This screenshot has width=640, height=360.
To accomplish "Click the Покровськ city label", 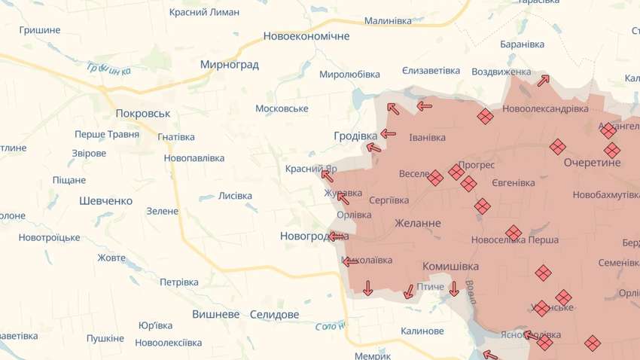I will point(143,113).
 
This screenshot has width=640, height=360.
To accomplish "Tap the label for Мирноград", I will point(229,65).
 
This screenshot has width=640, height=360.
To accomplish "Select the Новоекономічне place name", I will point(306,36).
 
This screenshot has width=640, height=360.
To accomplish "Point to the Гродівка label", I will point(355,136).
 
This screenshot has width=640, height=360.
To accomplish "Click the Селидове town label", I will point(274,314).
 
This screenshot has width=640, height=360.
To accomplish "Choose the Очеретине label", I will point(592,162).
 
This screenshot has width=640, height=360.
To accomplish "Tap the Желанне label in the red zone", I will point(418,223).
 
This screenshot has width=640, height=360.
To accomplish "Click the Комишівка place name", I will point(450,266).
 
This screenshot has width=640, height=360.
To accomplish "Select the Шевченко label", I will point(105,201).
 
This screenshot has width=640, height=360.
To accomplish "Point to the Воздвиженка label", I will point(501,72).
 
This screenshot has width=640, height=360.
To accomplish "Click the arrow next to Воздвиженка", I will point(544,80).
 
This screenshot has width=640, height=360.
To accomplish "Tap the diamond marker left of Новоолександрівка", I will point(485,116).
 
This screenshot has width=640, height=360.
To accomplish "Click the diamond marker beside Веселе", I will point(435,177).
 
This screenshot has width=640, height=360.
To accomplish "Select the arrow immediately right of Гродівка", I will point(388,134).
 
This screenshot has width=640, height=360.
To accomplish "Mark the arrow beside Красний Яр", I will point(328,175).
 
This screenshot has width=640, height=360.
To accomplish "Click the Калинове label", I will point(422,331).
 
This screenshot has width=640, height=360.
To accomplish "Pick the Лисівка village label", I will point(235,196).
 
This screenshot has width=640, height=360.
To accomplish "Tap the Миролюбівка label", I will point(349,74).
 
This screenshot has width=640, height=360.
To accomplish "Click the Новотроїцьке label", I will point(49,237).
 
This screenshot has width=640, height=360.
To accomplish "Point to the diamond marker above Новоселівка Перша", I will point(514,233).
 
